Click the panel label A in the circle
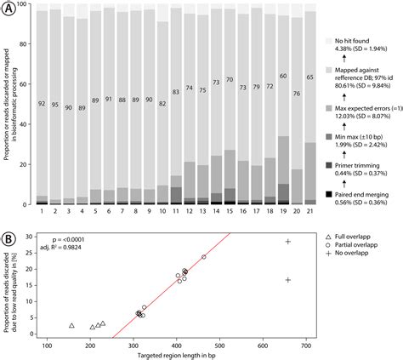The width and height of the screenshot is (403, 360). (9, 9)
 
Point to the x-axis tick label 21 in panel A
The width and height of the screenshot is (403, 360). (311, 211)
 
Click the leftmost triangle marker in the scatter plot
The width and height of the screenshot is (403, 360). (71, 326)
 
